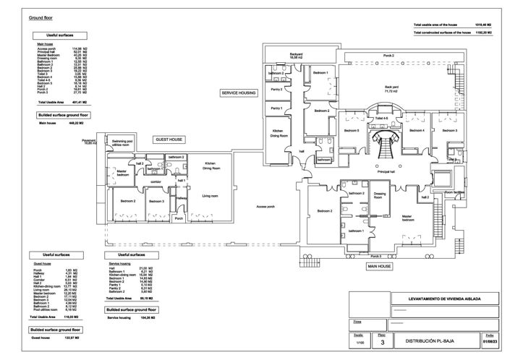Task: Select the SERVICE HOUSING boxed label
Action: click(x=239, y=93)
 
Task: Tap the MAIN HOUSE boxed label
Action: click(x=379, y=266)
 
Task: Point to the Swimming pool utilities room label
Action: click(x=120, y=143)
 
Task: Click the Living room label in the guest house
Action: click(x=211, y=195)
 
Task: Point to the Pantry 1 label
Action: click(x=276, y=108)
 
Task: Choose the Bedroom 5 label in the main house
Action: click(x=352, y=130)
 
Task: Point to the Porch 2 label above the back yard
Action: click(x=388, y=55)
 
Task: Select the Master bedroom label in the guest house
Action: click(x=123, y=173)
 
